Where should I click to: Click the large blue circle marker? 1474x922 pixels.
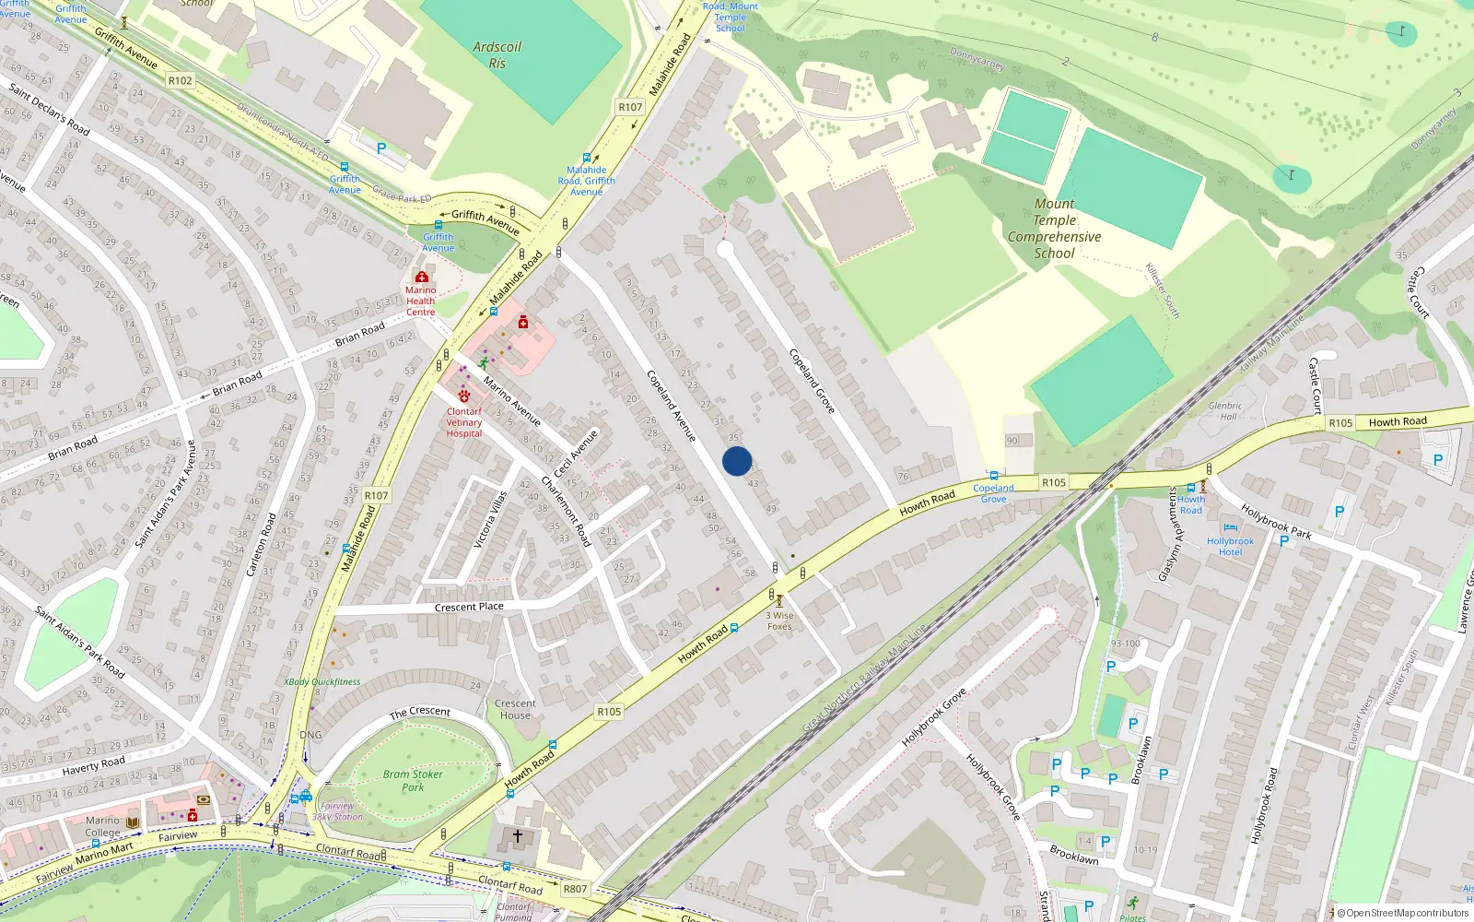(x=737, y=461)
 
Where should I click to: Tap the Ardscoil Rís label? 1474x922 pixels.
(x=497, y=55)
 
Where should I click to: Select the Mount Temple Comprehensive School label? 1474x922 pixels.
(x=1054, y=229)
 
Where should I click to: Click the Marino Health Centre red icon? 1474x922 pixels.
(x=422, y=278)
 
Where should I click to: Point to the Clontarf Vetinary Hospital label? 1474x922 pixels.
(x=464, y=422)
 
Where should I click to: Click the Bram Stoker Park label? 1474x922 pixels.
(x=413, y=781)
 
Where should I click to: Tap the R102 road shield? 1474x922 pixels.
(x=181, y=80)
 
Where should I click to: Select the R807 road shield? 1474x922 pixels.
(x=575, y=889)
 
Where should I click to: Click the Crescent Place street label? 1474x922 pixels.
(x=469, y=608)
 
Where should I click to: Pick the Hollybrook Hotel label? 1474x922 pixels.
(x=1230, y=547)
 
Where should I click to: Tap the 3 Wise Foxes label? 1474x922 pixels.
(x=779, y=621)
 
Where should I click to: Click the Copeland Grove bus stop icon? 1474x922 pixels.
(x=993, y=476)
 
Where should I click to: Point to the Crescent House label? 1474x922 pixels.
(x=515, y=709)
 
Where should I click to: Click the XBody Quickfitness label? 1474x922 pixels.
(x=322, y=682)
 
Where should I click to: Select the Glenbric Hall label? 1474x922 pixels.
(x=1225, y=411)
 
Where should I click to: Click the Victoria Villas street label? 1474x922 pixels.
(x=489, y=520)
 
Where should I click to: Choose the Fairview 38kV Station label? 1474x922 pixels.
(x=337, y=811)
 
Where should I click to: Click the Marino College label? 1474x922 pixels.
(x=102, y=826)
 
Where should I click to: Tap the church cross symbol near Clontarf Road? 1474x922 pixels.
(x=518, y=836)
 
